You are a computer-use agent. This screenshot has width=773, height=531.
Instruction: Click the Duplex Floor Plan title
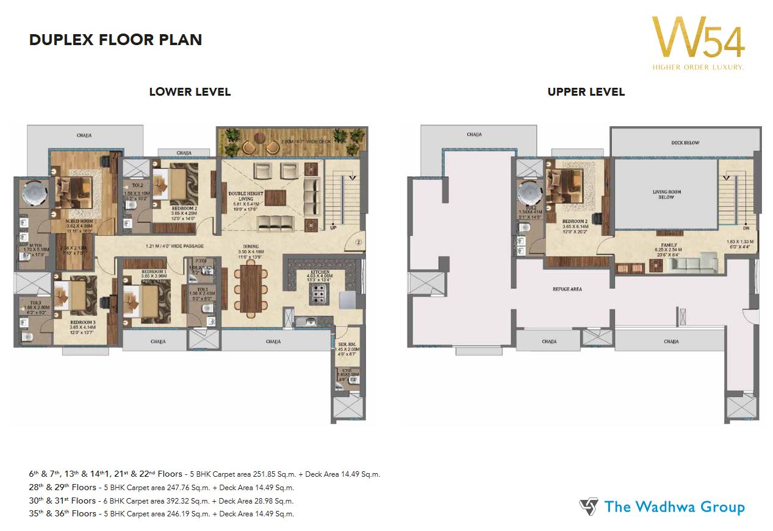pos(115,40)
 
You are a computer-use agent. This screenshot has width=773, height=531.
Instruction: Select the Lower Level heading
pos(190,92)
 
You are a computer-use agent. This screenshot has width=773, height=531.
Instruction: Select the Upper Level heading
pos(586,92)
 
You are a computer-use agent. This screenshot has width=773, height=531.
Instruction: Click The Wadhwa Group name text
pos(674,507)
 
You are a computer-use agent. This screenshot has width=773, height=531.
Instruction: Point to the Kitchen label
pos(320,272)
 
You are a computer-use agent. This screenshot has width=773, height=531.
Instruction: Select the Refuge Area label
pos(567,289)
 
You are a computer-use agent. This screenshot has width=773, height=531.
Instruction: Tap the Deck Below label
pos(686,143)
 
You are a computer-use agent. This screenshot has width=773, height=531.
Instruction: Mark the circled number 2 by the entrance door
pos(359,241)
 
